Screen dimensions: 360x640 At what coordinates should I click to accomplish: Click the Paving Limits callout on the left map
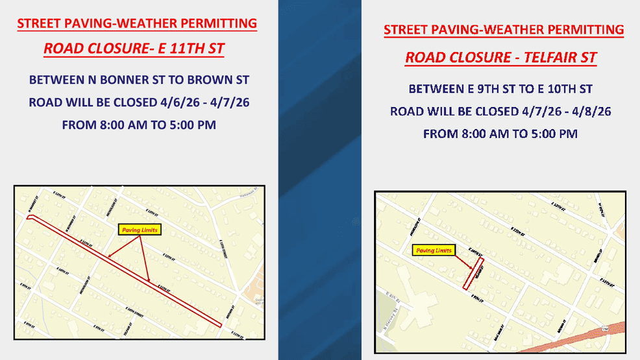(x=138, y=230)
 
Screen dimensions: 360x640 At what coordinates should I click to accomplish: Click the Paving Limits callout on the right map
(x=434, y=250)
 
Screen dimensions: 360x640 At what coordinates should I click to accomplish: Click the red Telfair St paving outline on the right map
(x=473, y=273)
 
